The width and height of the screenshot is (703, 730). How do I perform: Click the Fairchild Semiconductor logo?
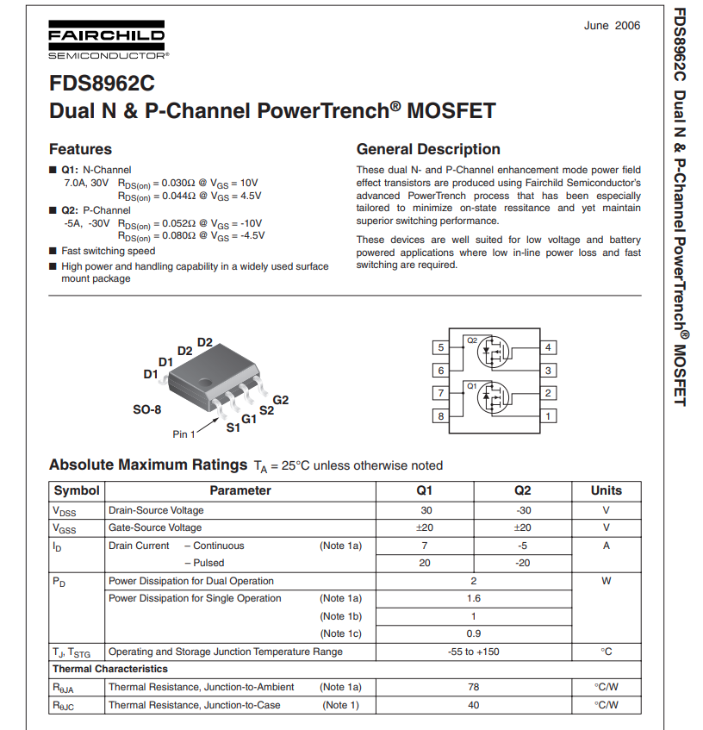[107, 41]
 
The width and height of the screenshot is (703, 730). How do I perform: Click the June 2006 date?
[612, 25]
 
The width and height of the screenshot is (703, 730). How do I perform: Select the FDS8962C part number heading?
[103, 85]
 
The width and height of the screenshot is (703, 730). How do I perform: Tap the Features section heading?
[80, 149]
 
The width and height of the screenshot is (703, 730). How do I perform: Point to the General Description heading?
[428, 149]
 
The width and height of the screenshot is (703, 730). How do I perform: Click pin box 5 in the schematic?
[441, 348]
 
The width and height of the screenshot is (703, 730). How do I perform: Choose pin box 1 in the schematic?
[548, 416]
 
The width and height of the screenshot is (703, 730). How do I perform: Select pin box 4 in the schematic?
[548, 348]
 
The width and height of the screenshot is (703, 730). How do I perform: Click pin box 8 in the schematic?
[441, 416]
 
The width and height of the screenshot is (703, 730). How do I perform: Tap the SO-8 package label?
[146, 410]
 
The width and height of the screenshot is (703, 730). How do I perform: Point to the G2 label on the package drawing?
[281, 400]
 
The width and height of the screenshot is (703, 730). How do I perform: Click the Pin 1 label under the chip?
[184, 434]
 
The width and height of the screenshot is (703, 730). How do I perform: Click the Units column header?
[606, 490]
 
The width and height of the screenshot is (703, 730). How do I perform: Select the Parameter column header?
[240, 490]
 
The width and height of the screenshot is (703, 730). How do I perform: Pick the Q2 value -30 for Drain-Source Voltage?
[522, 510]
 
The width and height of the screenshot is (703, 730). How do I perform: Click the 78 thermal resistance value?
[473, 687]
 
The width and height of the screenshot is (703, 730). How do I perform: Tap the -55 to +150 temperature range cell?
[473, 652]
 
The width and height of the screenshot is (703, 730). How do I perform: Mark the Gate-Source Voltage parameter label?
[155, 527]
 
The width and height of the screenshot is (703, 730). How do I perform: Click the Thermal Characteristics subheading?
[110, 669]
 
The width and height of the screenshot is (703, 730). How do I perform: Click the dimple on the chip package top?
[205, 382]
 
